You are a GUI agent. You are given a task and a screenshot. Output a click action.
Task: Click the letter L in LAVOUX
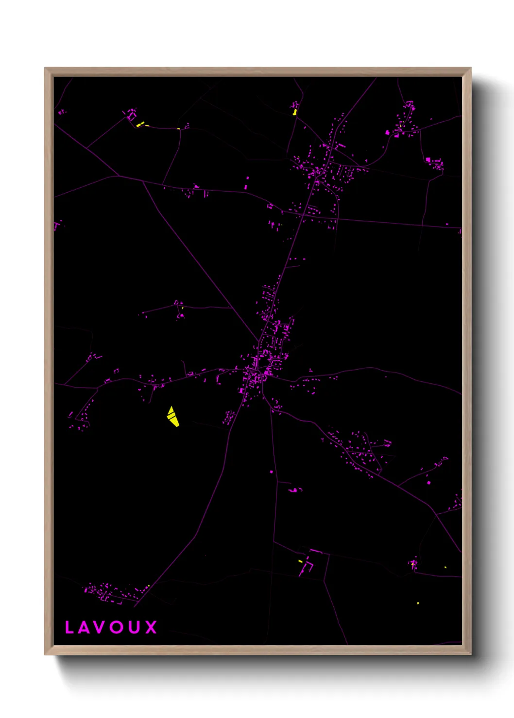69,627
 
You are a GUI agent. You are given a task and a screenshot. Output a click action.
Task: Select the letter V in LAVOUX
100,627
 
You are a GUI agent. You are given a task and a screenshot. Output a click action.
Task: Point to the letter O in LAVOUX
117,627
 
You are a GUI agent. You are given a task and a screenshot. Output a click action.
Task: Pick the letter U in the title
135,627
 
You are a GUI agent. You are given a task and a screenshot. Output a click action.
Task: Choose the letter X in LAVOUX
151,627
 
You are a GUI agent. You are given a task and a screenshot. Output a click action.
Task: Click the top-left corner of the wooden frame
45,68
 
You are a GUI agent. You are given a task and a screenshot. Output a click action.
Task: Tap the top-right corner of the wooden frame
471,68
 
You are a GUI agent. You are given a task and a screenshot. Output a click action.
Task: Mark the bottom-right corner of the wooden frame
471,654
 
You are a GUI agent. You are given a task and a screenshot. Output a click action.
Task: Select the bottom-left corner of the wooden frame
45,654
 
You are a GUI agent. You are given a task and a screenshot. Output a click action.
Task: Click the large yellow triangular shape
173,417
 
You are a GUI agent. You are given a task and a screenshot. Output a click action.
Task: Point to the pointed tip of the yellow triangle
171,407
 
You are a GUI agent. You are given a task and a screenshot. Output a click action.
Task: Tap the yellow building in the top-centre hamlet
294,112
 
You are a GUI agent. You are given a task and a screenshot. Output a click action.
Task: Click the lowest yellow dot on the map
418,603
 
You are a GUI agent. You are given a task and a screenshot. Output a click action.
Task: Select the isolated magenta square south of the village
271,472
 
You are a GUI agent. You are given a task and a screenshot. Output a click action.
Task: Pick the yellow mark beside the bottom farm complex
300,561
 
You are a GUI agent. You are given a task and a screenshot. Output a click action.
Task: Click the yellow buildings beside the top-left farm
140,125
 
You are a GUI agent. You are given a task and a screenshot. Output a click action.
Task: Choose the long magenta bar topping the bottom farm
316,552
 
